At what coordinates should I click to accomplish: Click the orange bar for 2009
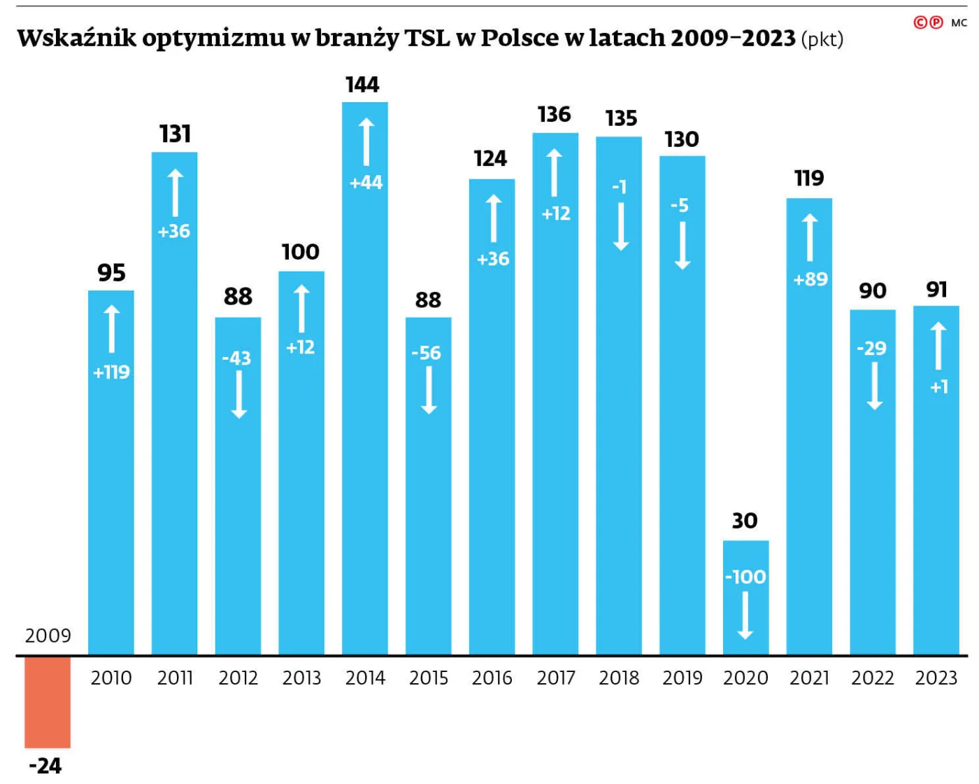pos(48,702)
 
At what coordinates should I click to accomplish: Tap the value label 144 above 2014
pos(362,85)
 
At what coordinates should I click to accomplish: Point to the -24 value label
pos(45,765)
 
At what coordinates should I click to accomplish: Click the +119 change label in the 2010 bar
pos(111,372)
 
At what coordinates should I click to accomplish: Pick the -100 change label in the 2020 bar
pos(745,577)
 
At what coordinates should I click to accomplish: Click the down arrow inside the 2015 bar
pos(429,390)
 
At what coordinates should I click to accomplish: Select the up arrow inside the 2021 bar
pos(809,238)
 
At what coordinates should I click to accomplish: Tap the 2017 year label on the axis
pos(555,678)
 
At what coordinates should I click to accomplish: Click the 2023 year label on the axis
pos(936,678)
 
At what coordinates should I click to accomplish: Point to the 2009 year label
pos(48,636)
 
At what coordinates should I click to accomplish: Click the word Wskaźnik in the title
pos(76,38)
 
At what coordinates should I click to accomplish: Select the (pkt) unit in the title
pos(822,39)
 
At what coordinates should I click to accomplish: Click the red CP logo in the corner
pos(928,22)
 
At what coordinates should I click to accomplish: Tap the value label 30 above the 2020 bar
pos(745,521)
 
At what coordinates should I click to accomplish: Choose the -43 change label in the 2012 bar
pos(236,358)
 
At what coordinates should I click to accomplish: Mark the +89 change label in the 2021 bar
pos(810,279)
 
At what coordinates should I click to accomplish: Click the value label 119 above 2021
pos(809,178)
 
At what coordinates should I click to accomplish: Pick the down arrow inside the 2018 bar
pos(620,227)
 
